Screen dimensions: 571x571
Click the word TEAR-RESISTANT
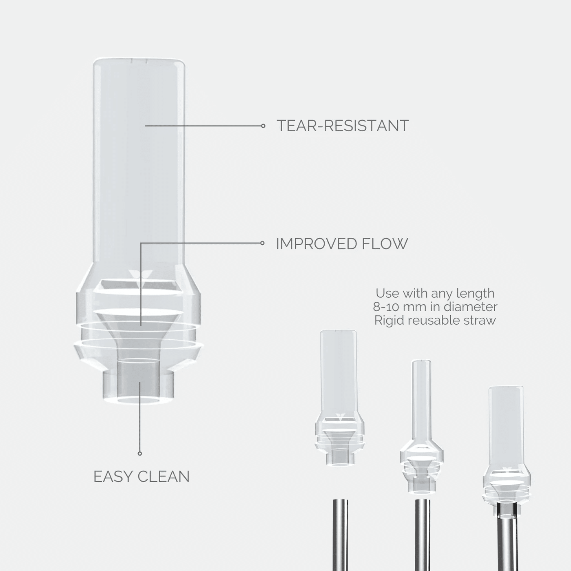[343, 126]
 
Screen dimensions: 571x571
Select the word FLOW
[385, 243]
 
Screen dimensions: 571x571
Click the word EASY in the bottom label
[113, 477]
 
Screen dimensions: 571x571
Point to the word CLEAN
[163, 477]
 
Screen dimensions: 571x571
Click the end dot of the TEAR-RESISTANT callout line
[263, 126]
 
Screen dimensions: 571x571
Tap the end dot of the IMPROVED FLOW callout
[262, 243]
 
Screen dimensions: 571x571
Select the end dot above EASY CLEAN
[140, 454]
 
